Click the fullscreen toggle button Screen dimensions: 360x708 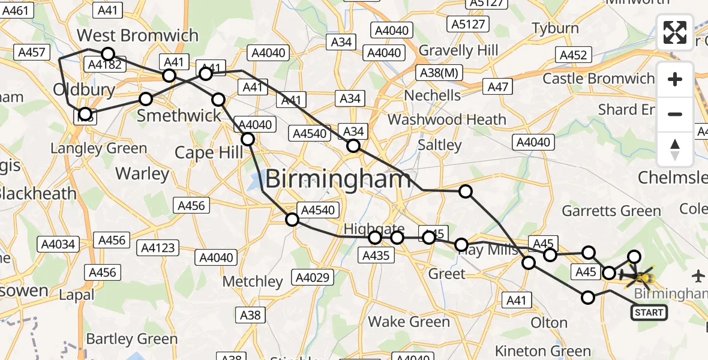click(675, 32)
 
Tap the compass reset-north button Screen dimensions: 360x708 click(675, 149)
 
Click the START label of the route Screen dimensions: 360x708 click(649, 312)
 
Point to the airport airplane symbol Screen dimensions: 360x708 click(698, 276)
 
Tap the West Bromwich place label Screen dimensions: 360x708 click(137, 35)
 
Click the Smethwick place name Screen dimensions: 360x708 click(179, 115)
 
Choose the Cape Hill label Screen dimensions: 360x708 click(209, 152)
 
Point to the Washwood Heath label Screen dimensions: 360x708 click(447, 119)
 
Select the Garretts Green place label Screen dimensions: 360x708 click(611, 211)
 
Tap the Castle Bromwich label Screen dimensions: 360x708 click(598, 79)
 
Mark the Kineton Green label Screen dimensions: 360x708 click(543, 351)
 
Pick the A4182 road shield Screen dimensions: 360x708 click(104, 65)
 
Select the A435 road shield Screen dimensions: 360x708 click(376, 256)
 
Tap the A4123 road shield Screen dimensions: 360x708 click(158, 247)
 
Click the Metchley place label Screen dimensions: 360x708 click(253, 281)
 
